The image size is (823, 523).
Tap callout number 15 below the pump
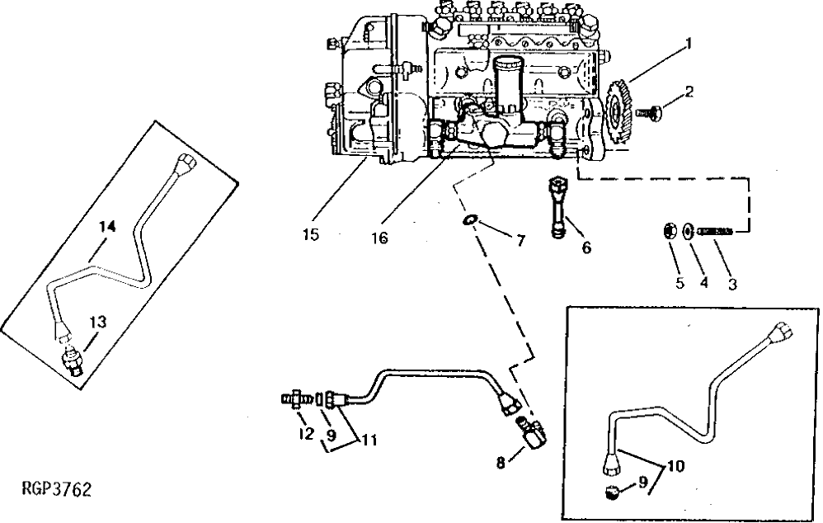coord(310,236)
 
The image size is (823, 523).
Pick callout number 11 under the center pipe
coord(369,440)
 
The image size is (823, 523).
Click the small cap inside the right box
coord(612,493)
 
